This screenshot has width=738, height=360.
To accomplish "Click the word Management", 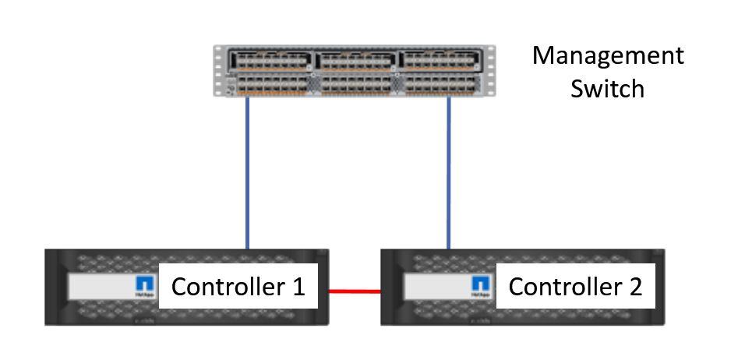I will tap(607, 56).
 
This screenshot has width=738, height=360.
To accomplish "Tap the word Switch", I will tap(607, 88).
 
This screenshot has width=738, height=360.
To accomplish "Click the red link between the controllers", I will tap(354, 291).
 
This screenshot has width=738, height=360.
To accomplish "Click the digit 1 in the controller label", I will tap(298, 287).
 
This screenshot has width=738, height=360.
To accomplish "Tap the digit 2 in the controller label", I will tap(635, 287).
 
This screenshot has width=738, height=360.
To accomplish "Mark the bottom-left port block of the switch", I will tap(269, 83).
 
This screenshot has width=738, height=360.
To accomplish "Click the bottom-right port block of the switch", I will tap(439, 83).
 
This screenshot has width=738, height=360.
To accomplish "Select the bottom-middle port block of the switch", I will tap(355, 83).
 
